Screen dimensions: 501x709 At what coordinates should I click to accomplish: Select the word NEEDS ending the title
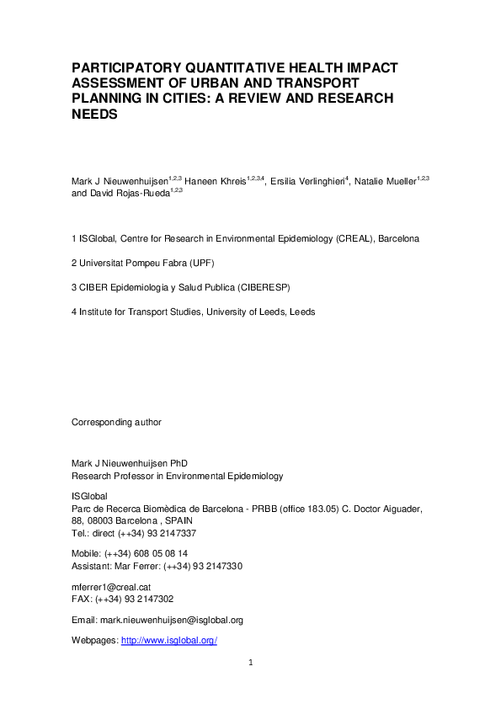[x=93, y=114]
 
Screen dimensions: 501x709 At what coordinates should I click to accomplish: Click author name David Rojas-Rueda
[x=128, y=193]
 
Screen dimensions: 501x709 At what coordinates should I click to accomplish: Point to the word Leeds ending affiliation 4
[x=302, y=312]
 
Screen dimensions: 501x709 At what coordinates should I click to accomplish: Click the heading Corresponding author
[x=117, y=422]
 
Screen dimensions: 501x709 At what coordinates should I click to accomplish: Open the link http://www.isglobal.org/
[x=169, y=641]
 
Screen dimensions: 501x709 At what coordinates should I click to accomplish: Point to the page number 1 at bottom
[x=250, y=664]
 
